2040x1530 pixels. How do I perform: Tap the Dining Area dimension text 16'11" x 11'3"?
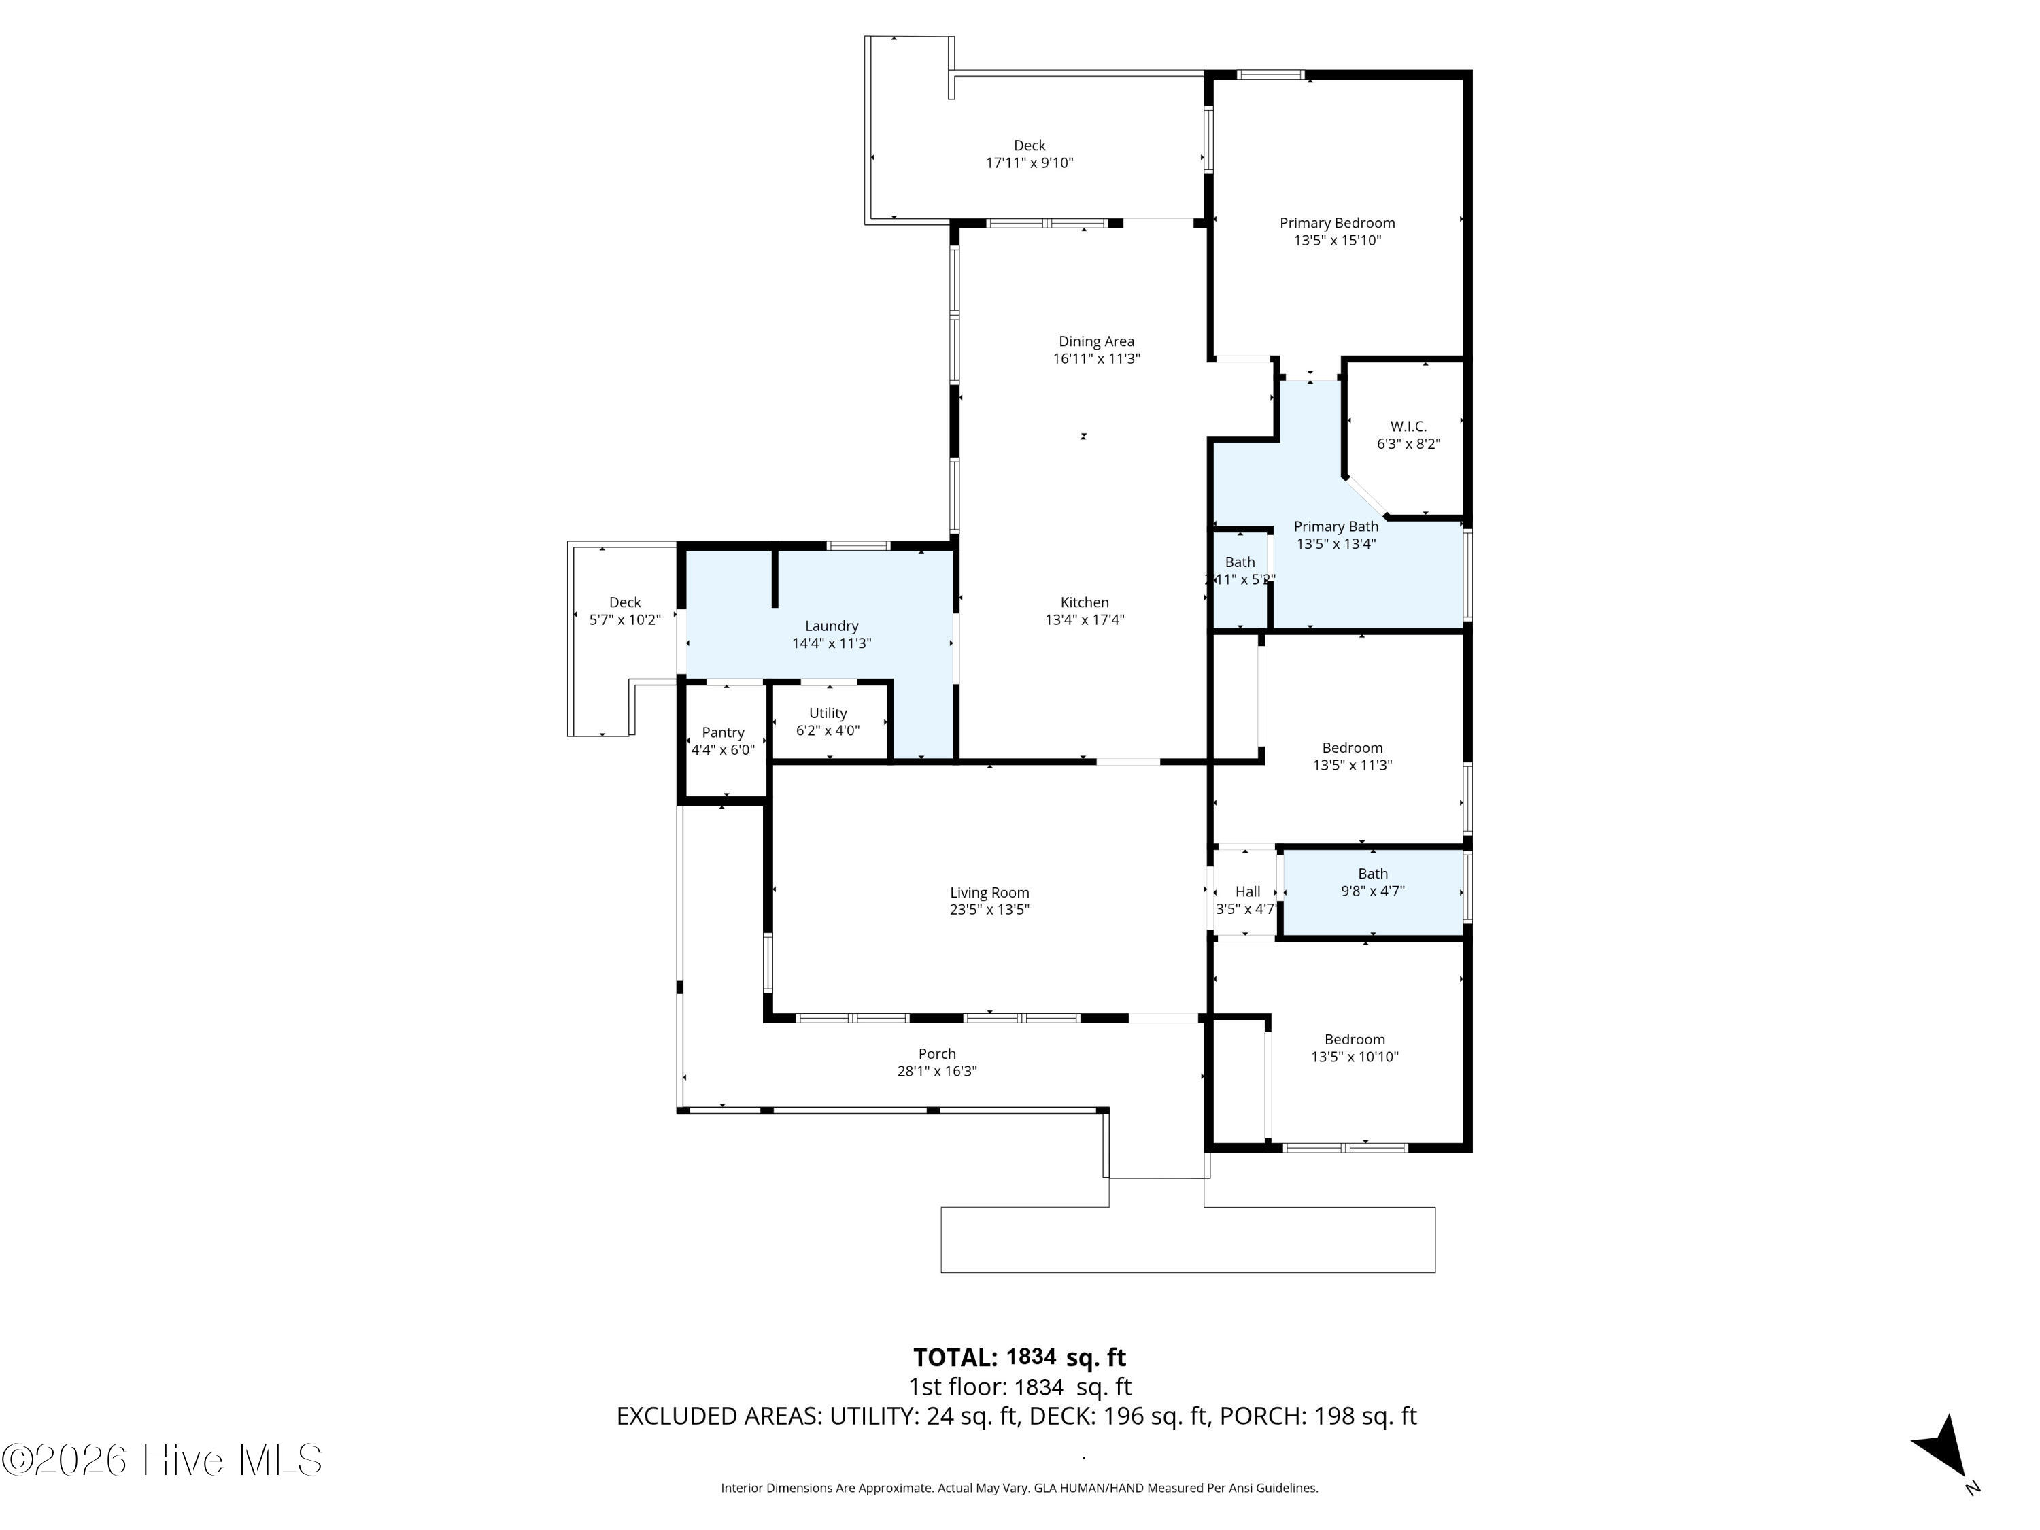click(1097, 359)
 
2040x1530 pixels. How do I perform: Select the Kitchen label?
click(1085, 602)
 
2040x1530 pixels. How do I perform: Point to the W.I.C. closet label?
click(1408, 426)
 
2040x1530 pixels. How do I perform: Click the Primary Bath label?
click(1336, 526)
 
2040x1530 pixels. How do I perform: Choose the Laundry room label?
click(831, 626)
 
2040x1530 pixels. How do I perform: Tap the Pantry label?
click(722, 733)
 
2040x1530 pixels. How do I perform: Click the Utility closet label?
click(828, 713)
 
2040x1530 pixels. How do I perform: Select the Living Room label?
click(989, 893)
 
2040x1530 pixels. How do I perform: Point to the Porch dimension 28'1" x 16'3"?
click(937, 1071)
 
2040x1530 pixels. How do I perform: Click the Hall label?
click(1247, 891)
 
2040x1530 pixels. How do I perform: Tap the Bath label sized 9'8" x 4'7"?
click(1372, 874)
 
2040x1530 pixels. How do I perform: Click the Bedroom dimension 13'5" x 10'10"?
click(1355, 1057)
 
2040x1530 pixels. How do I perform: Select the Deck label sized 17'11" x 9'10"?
click(1030, 146)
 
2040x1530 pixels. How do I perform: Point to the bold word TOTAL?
click(955, 1357)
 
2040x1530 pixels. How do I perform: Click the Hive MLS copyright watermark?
click(163, 1460)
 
